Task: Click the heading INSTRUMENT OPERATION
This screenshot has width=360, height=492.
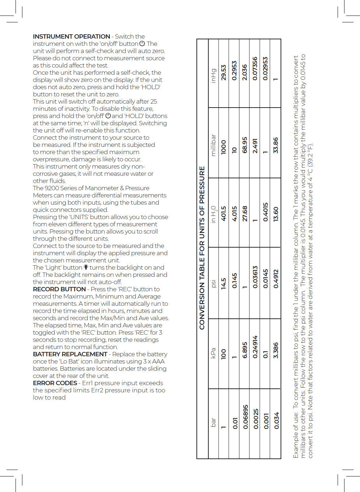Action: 71,36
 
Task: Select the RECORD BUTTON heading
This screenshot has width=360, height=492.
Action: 59,289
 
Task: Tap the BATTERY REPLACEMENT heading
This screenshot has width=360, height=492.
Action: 70,354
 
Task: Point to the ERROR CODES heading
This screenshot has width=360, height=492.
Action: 55,383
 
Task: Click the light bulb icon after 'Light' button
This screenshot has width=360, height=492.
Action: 86,267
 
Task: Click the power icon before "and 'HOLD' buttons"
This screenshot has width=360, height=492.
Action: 108,116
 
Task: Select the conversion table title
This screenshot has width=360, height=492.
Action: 202,248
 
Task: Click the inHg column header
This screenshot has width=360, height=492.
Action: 213,76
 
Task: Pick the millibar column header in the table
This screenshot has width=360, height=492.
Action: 213,145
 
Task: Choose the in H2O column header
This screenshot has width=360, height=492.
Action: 213,214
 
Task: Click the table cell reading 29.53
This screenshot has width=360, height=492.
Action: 224,73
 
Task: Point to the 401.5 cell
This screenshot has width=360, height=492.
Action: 224,214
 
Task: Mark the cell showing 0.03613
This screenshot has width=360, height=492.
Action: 255,277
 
